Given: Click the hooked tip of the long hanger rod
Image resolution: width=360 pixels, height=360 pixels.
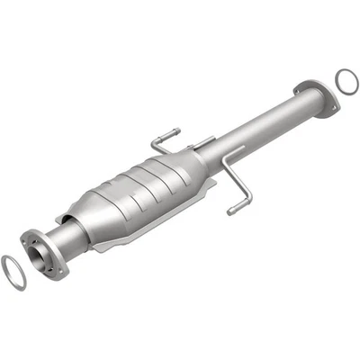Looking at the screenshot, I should click(x=231, y=211).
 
